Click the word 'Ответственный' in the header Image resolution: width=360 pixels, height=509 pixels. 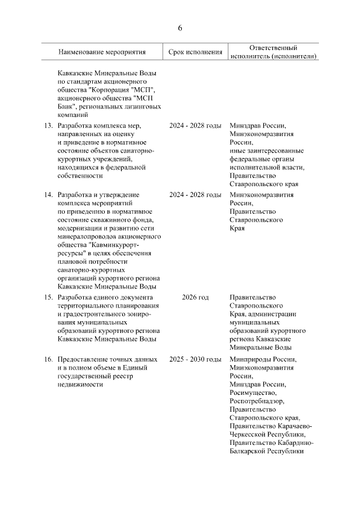point(273,48)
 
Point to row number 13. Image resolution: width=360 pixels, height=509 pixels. point(48,125)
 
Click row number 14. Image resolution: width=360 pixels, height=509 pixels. point(48,195)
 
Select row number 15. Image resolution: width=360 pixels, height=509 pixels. point(48,297)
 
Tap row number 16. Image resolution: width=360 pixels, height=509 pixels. point(48,359)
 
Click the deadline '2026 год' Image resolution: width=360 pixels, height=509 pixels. point(195,297)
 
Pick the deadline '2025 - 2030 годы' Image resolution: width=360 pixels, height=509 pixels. point(195,359)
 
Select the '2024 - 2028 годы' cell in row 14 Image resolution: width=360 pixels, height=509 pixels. point(195,195)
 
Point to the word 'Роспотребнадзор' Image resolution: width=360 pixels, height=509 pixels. point(256,401)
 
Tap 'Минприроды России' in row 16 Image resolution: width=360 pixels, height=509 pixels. point(262,359)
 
